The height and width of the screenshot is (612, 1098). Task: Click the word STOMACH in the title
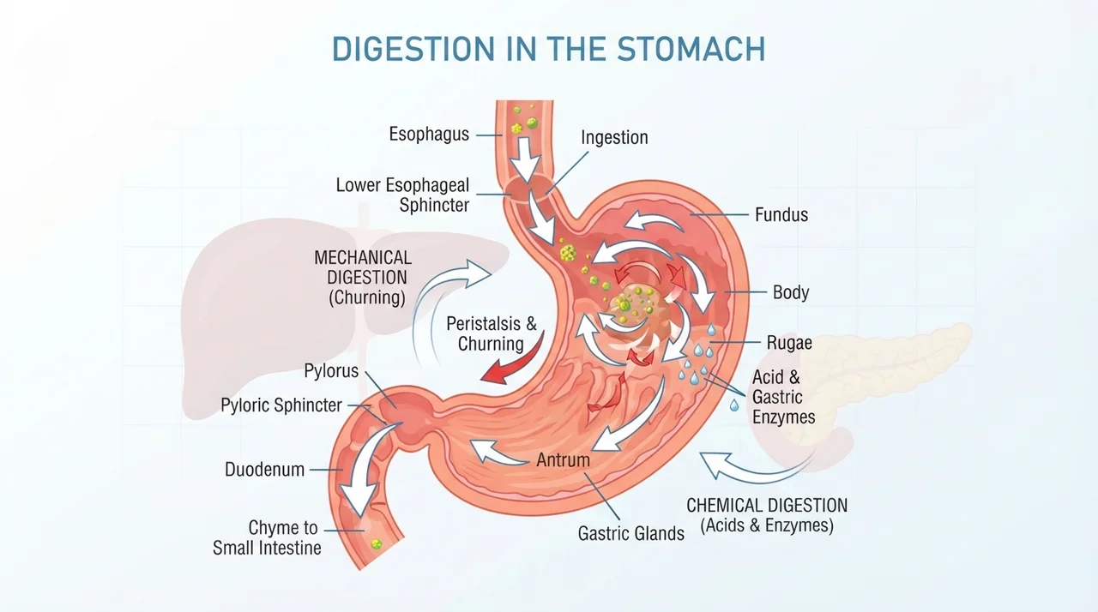click(x=691, y=49)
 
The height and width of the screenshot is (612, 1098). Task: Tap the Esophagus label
click(x=429, y=135)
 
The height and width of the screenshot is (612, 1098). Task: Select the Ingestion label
click(x=614, y=138)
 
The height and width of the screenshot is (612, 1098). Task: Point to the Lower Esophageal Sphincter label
click(x=402, y=195)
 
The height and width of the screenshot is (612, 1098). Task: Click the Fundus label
click(x=781, y=215)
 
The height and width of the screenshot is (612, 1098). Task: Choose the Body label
click(x=791, y=292)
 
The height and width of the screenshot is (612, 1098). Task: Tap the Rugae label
click(x=789, y=343)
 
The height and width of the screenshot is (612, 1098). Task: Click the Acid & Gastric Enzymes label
click(x=783, y=397)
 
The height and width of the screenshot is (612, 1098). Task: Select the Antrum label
click(x=563, y=459)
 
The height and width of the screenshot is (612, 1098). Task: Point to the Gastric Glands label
click(x=630, y=533)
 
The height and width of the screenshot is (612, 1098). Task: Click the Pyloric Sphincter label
click(x=281, y=405)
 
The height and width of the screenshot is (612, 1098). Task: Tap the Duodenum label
click(x=265, y=470)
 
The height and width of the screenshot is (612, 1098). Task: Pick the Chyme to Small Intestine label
click(x=267, y=537)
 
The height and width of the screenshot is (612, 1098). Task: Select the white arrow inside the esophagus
click(x=525, y=159)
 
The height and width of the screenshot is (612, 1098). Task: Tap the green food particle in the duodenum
click(x=377, y=544)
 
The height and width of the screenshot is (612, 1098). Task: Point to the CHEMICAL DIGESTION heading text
click(x=767, y=505)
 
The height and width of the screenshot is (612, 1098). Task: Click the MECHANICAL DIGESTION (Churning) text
click(x=363, y=278)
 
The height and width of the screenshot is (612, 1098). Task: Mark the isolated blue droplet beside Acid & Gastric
click(x=733, y=405)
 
